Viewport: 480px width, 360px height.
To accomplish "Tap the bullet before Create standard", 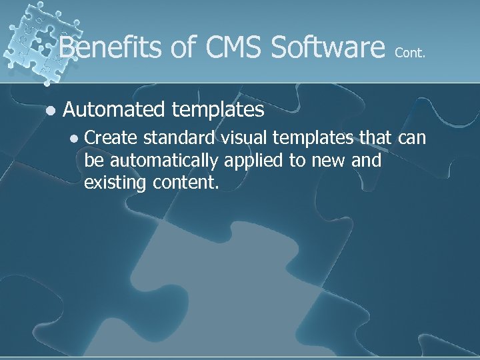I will (x=75, y=139).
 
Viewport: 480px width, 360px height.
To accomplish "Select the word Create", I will (x=111, y=138).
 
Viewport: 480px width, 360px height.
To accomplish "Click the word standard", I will (x=177, y=138).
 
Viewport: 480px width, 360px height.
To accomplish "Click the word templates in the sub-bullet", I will (x=313, y=138).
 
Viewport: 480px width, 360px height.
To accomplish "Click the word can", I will (x=410, y=138).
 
